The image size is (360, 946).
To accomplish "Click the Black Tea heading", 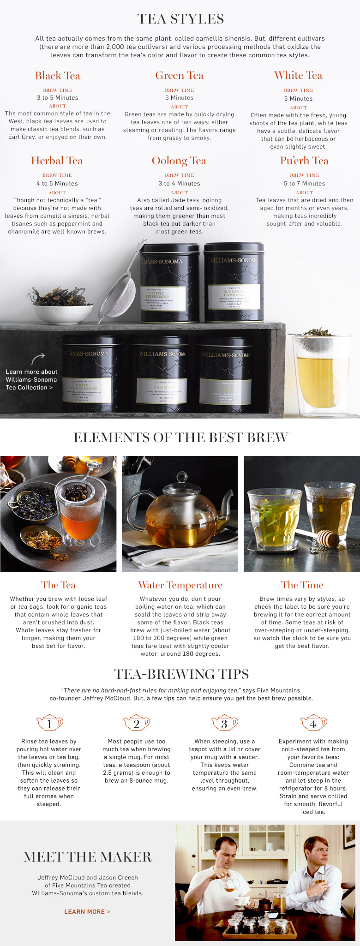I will [58, 76].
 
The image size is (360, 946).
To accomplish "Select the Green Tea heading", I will [179, 76].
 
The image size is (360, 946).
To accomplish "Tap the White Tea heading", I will [298, 76].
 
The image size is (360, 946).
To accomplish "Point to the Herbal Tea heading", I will [57, 161].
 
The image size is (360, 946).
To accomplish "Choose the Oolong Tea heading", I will [179, 161].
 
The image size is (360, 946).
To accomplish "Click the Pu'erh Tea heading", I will [304, 161].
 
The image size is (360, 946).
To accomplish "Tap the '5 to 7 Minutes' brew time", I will [304, 184].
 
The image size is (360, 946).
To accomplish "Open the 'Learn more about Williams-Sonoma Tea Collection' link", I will [31, 379].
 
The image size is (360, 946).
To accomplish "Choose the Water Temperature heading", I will [180, 586].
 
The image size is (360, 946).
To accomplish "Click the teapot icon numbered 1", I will [50, 724].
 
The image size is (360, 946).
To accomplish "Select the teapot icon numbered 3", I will [224, 724].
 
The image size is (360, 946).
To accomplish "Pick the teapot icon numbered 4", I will [313, 724].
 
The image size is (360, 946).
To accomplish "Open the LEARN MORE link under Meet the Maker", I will [87, 911].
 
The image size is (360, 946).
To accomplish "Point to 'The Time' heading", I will [302, 586].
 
